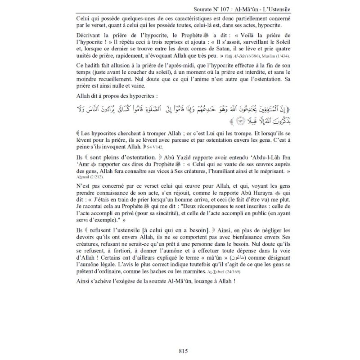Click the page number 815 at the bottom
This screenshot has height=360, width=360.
(x=180, y=351)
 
